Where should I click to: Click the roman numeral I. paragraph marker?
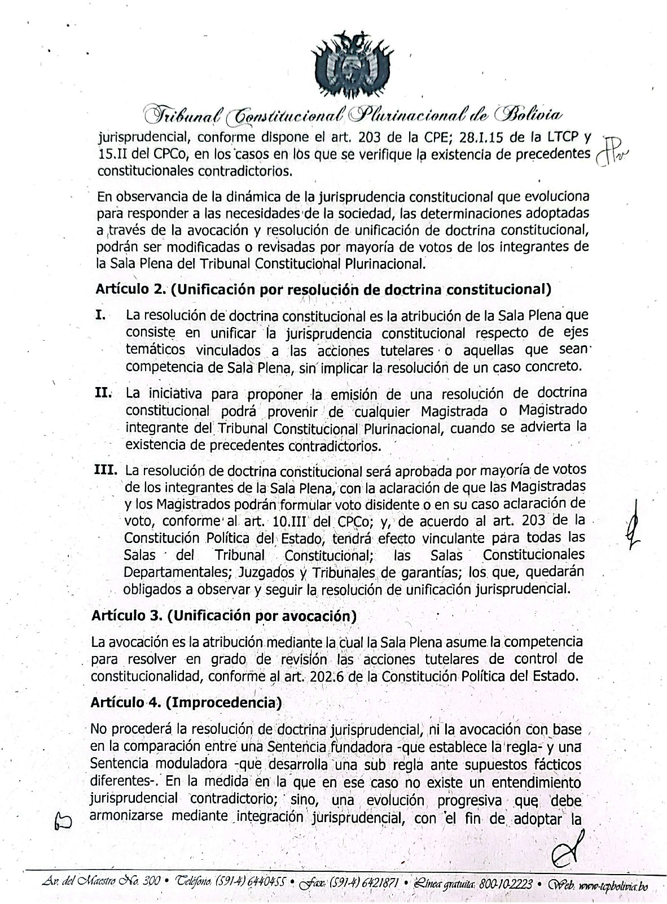[100, 315]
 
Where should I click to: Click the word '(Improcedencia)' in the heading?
[223, 702]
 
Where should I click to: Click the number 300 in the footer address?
[152, 883]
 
